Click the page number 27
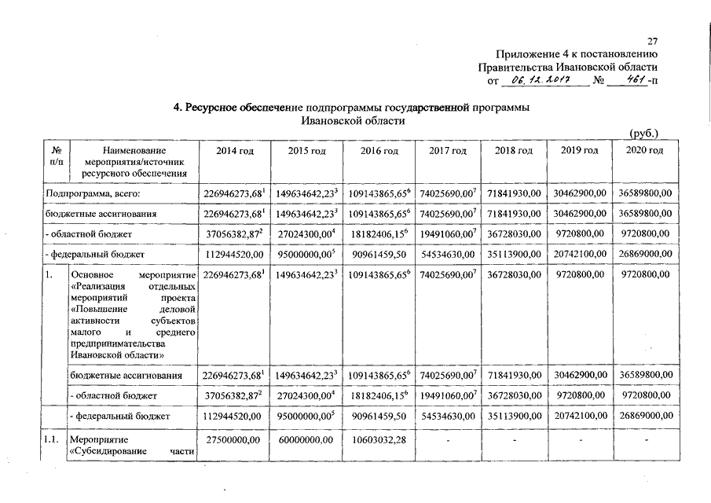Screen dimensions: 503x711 click(x=652, y=41)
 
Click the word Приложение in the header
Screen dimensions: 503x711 click(x=524, y=53)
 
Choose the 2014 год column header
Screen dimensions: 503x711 click(x=231, y=151)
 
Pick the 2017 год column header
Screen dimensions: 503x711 click(x=448, y=151)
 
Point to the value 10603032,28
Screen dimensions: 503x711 click(x=377, y=439)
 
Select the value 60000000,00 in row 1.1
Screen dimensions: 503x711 click(x=305, y=439)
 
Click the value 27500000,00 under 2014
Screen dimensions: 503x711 click(x=232, y=439)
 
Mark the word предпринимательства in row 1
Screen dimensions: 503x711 click(x=118, y=343)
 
